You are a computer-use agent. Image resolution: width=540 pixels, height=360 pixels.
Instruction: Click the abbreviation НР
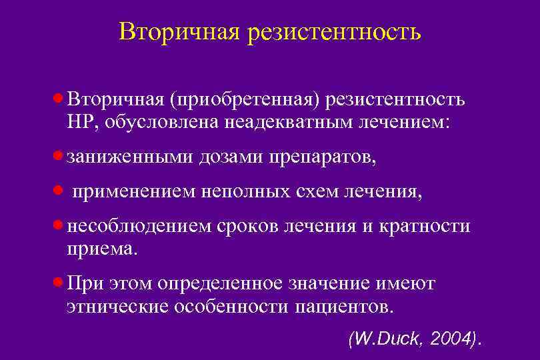[80, 122]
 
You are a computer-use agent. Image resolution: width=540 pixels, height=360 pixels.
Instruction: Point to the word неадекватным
[287, 122]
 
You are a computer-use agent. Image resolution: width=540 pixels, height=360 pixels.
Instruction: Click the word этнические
[118, 307]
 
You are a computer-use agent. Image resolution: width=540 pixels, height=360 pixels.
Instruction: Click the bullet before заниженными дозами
[59, 156]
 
